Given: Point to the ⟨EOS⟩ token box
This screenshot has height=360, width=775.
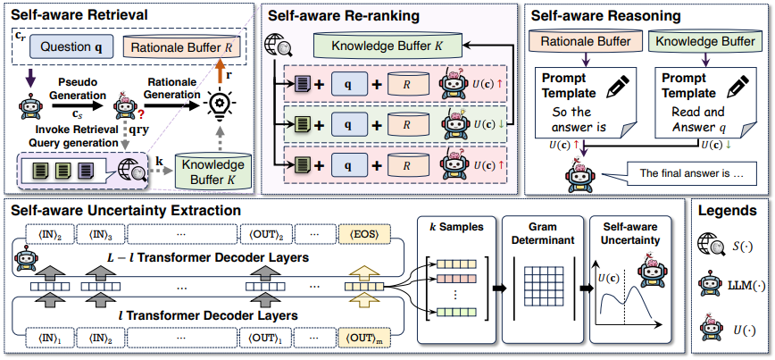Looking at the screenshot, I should tap(363, 234).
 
